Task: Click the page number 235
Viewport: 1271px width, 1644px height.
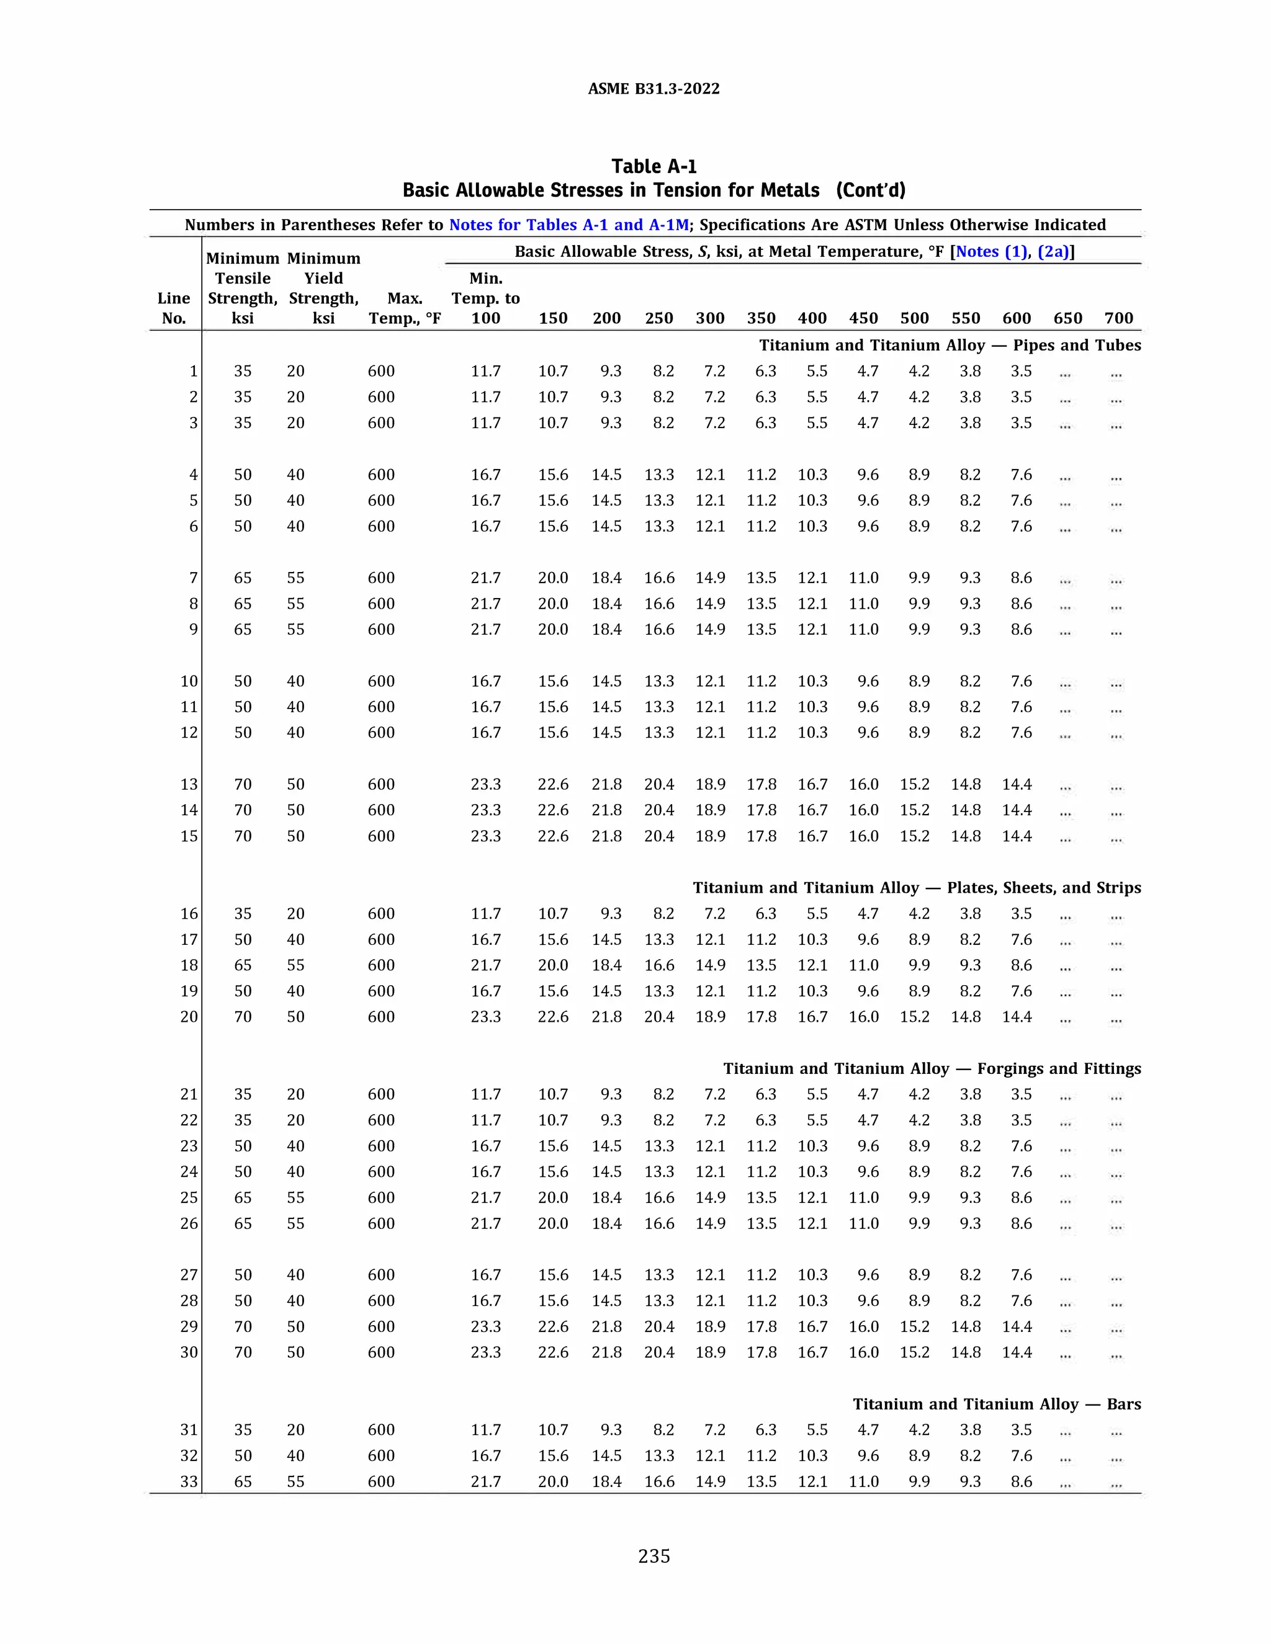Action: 653,1557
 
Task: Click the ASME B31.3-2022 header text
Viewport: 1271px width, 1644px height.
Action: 653,89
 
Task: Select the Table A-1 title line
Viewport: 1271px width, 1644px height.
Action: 653,166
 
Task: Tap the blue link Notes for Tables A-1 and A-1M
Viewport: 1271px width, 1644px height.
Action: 568,225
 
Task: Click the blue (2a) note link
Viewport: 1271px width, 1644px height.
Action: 1053,251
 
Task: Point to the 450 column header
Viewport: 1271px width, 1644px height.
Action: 864,318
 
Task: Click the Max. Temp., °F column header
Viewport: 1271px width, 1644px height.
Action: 405,308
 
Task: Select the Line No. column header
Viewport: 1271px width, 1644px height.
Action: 174,308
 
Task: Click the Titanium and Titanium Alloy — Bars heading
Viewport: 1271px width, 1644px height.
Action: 996,1404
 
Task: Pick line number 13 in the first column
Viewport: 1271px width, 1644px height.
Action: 189,784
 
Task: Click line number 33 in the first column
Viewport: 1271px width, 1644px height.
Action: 189,1481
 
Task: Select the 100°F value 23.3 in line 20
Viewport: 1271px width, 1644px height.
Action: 486,1017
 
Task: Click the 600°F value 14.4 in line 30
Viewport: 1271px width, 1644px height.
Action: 1017,1352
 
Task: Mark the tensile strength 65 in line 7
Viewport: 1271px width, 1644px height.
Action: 243,578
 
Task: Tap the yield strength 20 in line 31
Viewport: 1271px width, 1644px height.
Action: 296,1429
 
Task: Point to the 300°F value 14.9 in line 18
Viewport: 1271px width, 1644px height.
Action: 710,965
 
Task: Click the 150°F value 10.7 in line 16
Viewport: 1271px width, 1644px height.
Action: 553,914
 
